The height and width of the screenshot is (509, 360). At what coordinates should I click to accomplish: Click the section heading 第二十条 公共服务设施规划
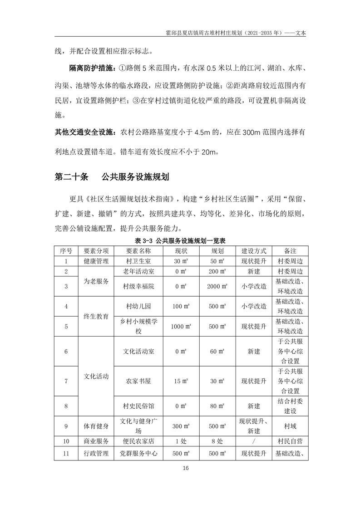[x=111, y=176]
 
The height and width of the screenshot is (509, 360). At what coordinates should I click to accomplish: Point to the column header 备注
[x=290, y=250]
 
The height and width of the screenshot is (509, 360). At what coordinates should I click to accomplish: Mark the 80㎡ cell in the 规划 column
[x=218, y=406]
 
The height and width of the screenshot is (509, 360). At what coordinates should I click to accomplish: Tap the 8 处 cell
[x=218, y=441]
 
